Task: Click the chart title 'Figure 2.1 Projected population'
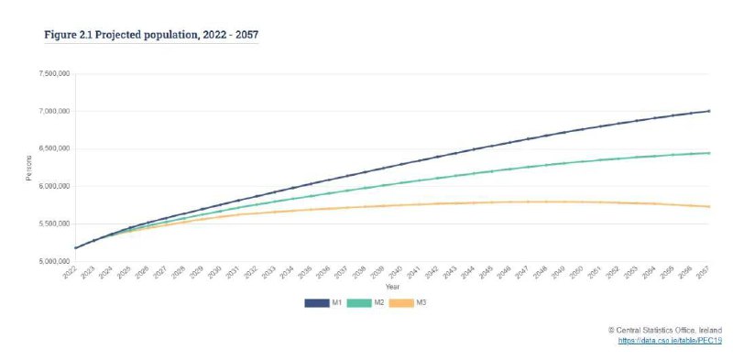(151, 34)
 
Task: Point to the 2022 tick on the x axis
(71, 274)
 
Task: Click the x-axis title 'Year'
(391, 287)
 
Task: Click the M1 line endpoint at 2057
(708, 111)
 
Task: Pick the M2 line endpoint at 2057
(708, 153)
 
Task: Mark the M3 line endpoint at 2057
(708, 206)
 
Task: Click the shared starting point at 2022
(75, 247)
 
